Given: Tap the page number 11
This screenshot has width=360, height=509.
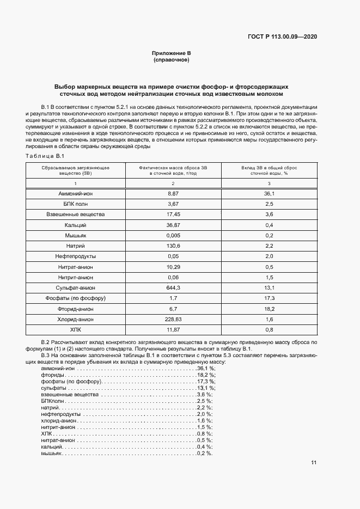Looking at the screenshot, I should [x=314, y=463].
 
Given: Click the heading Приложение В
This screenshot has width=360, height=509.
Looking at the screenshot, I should [x=172, y=53].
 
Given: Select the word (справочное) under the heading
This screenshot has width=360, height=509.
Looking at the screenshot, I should [x=172, y=60].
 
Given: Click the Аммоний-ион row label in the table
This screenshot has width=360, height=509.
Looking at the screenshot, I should [x=76, y=194].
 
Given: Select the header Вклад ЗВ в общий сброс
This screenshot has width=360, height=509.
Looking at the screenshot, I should [x=269, y=168].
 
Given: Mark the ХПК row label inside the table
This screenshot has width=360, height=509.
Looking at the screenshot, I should [x=76, y=329].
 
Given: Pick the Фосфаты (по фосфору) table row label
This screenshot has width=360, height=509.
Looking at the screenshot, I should [x=76, y=298].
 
